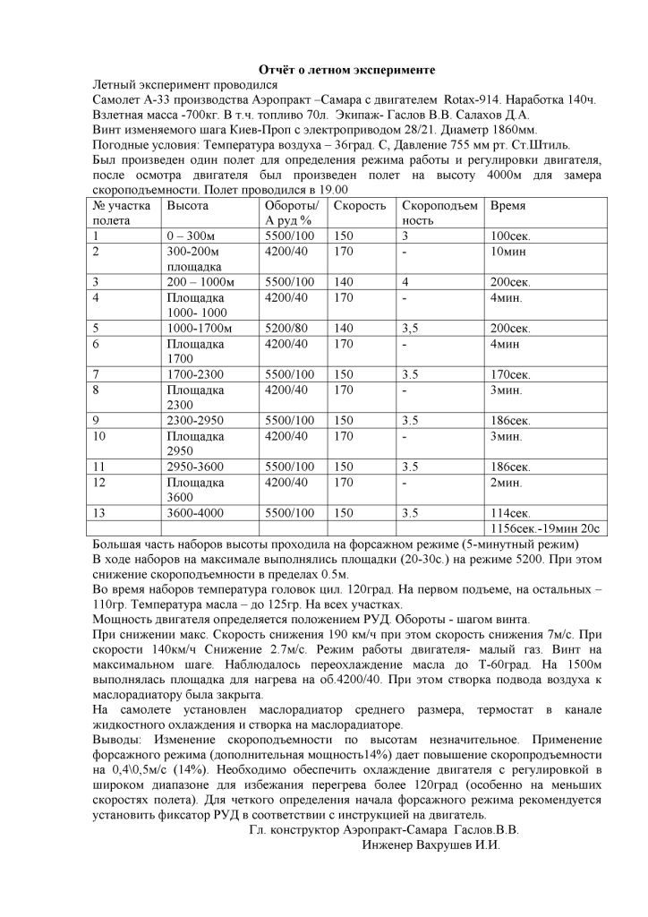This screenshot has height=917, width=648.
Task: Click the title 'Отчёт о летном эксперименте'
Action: pos(346,69)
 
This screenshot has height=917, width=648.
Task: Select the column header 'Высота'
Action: pos(187,205)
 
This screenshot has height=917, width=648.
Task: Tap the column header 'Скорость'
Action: pos(359,205)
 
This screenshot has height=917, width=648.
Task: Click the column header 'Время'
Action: pos(508,205)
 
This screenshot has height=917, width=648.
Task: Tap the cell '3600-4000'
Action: pos(199,513)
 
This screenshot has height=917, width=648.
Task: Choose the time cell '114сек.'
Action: pos(511,513)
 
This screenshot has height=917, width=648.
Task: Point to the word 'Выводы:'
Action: pos(120,742)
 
